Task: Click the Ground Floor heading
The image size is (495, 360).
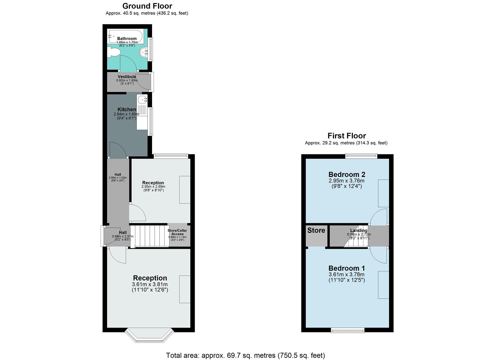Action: click(x=147, y=6)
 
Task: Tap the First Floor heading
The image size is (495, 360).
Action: click(x=346, y=136)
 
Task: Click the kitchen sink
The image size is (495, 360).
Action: click(x=143, y=99)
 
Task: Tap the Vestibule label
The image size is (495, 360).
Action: click(x=127, y=77)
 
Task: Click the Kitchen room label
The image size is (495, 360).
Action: click(x=127, y=109)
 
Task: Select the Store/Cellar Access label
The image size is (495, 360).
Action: click(x=177, y=232)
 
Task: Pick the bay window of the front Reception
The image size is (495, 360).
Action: click(x=149, y=336)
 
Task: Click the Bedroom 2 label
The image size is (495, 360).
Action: click(x=347, y=174)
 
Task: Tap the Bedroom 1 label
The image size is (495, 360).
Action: click(x=347, y=268)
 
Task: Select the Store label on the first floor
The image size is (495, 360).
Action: click(x=316, y=230)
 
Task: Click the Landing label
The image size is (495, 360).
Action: click(x=359, y=230)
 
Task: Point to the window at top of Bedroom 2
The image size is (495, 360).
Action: click(x=361, y=155)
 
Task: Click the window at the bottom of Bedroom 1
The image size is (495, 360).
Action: click(x=347, y=330)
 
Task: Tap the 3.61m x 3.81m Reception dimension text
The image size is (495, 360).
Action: click(x=150, y=284)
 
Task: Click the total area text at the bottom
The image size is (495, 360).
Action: click(x=245, y=355)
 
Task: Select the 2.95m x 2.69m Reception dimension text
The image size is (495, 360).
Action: click(x=153, y=187)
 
